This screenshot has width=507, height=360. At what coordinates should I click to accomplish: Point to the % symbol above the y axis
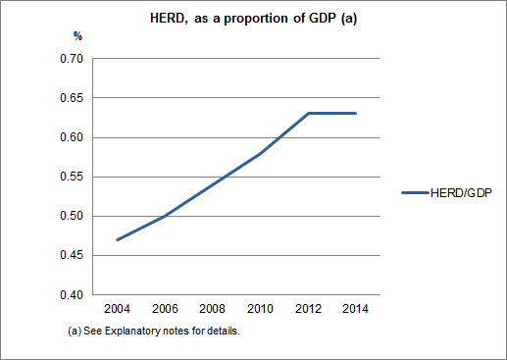pyautogui.click(x=79, y=36)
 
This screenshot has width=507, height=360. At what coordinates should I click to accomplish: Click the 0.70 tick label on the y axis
pyautogui.click(x=71, y=59)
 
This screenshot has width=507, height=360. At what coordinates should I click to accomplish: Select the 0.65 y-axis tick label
pyautogui.click(x=71, y=98)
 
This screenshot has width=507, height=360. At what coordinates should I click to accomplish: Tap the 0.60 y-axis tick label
pyautogui.click(x=71, y=137)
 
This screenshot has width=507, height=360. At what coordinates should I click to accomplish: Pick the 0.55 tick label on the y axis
pyautogui.click(x=71, y=177)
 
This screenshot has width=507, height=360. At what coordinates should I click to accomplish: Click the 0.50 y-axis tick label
pyautogui.click(x=71, y=216)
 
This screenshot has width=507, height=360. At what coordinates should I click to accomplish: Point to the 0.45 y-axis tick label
pyautogui.click(x=71, y=255)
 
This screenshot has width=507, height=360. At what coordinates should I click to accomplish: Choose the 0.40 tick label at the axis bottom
pyautogui.click(x=71, y=294)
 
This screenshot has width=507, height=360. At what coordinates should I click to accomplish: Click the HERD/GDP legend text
pyautogui.click(x=461, y=192)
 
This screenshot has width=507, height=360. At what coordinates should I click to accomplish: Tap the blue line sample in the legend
pyautogui.click(x=415, y=192)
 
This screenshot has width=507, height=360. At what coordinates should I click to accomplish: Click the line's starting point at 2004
pyautogui.click(x=117, y=239)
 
